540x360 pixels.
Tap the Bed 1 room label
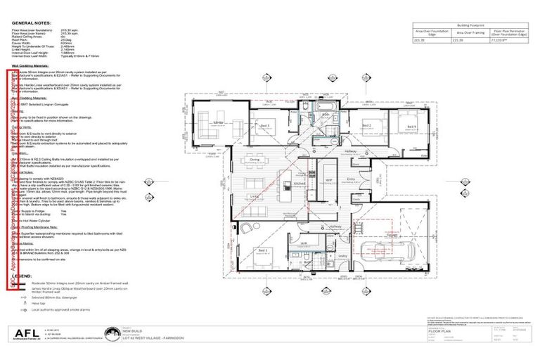[263, 250]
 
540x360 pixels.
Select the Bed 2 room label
[366, 125]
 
